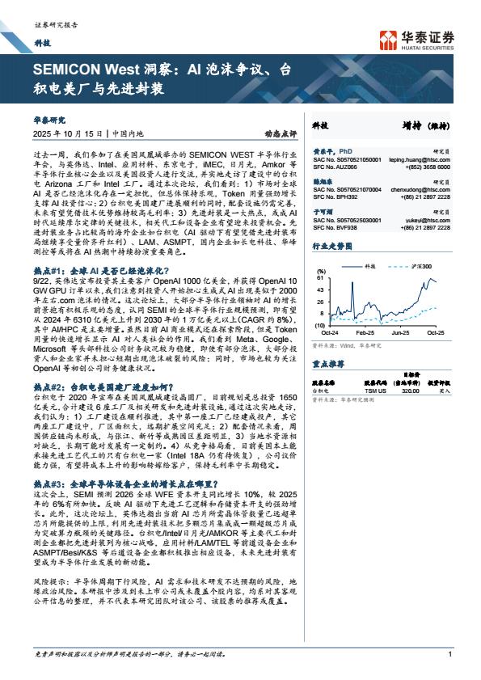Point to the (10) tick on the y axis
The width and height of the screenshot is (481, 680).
[x=320, y=324]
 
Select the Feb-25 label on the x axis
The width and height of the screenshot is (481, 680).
[x=365, y=332]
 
